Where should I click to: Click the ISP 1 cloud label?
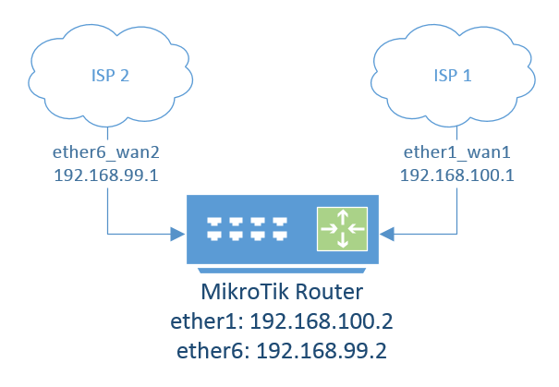pos(452,76)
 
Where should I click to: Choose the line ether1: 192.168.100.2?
pos(278,322)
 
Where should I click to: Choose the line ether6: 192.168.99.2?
pos(278,352)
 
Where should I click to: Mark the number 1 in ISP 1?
pos(467,76)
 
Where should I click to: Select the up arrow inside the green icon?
pos(342,218)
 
